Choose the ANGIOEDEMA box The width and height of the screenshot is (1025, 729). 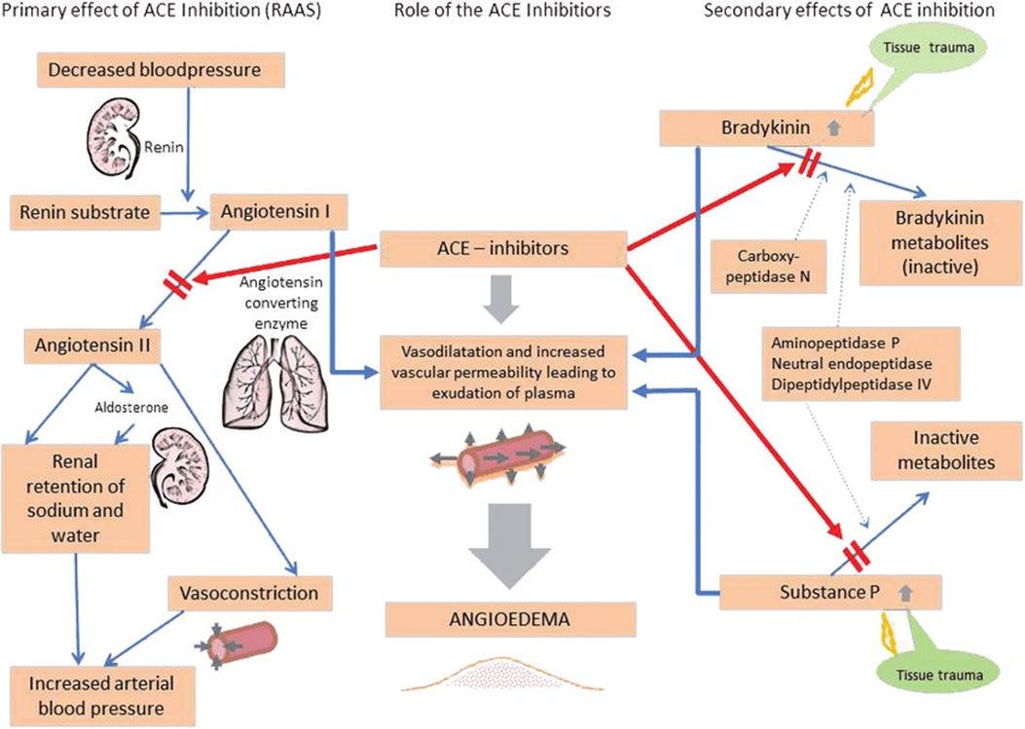[x=511, y=618]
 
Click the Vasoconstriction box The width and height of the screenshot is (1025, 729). [x=250, y=591]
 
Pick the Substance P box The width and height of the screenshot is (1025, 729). [x=830, y=591]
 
